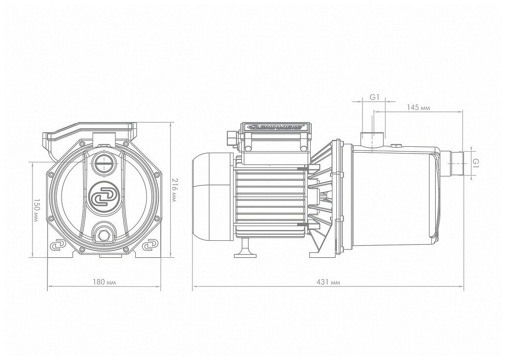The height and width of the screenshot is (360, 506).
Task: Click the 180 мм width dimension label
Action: point(105,282)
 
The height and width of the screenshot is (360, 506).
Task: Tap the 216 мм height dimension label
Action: point(175,189)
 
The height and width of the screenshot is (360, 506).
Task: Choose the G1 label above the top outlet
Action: point(374,97)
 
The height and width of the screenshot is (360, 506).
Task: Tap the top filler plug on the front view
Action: point(103,162)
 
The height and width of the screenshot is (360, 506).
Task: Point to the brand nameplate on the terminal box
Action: point(275,127)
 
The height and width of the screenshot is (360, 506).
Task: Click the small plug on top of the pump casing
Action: point(396,145)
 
